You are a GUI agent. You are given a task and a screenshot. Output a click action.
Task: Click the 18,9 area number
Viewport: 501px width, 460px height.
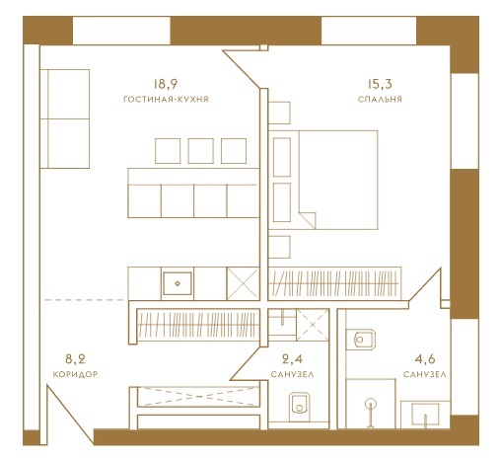[166, 84]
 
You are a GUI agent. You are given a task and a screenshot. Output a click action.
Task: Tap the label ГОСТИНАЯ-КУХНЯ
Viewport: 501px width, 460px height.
[166, 100]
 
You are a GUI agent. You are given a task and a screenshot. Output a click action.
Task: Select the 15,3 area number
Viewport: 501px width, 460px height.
[380, 84]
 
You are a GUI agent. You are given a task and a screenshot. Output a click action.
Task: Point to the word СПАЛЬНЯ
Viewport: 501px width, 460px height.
[380, 100]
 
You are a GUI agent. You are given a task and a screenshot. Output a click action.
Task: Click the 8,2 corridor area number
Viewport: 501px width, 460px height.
[75, 358]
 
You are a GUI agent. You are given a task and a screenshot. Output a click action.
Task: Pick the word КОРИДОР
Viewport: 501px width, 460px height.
[75, 374]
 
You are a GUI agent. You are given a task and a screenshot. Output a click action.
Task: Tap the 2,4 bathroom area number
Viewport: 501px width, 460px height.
[292, 358]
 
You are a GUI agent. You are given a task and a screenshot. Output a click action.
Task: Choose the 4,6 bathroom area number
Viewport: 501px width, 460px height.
[425, 358]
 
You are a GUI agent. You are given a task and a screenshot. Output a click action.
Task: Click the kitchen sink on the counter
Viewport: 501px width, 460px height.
[178, 283]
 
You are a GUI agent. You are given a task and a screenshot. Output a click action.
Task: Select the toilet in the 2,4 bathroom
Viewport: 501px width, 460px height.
[300, 405]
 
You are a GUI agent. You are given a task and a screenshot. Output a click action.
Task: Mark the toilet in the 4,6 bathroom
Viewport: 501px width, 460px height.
[364, 340]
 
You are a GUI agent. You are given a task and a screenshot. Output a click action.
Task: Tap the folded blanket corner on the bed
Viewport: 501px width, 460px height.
[308, 220]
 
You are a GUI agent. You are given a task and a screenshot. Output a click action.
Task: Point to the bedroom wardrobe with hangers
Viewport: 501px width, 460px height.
[334, 283]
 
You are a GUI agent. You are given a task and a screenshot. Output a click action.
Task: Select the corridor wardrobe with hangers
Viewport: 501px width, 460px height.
[198, 325]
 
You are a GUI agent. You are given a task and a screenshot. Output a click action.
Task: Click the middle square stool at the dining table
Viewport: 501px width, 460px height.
[200, 151]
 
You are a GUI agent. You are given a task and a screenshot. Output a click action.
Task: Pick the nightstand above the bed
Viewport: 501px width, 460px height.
[279, 113]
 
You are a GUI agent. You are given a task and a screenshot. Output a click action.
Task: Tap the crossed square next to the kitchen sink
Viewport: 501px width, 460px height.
[243, 283]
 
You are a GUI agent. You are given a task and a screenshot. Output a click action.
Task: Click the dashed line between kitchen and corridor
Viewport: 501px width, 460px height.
[84, 300]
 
